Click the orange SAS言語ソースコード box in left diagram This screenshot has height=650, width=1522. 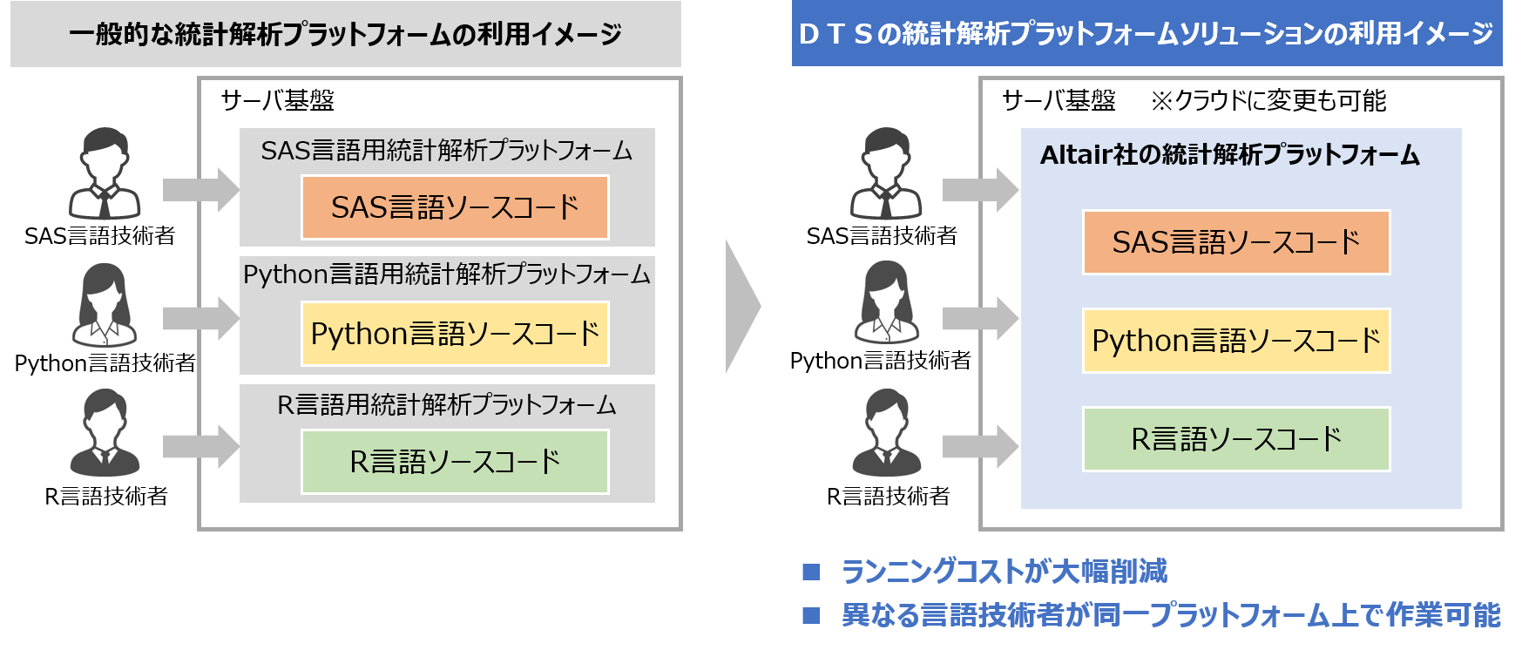pyautogui.click(x=455, y=207)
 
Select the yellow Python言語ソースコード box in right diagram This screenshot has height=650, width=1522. pyautogui.click(x=1235, y=341)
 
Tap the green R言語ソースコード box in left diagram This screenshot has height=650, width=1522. pyautogui.click(x=455, y=462)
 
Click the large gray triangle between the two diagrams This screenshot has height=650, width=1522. pyautogui.click(x=741, y=306)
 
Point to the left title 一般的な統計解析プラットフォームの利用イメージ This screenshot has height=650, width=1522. pyautogui.click(x=345, y=35)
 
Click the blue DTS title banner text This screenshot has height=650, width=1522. pyautogui.click(x=1146, y=34)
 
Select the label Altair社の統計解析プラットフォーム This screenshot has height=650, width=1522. pyautogui.click(x=1229, y=155)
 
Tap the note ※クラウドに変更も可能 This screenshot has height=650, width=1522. pyautogui.click(x=1268, y=101)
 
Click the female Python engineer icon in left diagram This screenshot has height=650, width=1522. pyautogui.click(x=105, y=306)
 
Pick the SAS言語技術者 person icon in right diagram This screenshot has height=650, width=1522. pyautogui.click(x=886, y=173)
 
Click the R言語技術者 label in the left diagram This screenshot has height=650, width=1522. pyautogui.click(x=106, y=497)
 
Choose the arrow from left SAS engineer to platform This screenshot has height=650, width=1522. pyautogui.click(x=200, y=190)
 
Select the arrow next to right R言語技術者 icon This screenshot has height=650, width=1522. pyautogui.click(x=980, y=447)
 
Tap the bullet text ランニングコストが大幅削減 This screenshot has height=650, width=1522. pyautogui.click(x=1004, y=572)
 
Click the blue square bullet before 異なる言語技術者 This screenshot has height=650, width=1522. pyautogui.click(x=811, y=615)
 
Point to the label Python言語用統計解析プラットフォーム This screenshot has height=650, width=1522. pyautogui.click(x=446, y=274)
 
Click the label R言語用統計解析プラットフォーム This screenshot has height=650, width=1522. pyautogui.click(x=446, y=405)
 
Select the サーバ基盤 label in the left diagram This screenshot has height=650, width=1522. pyautogui.click(x=277, y=101)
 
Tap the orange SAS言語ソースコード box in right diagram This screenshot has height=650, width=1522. pyautogui.click(x=1235, y=242)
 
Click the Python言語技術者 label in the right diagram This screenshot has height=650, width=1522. pyautogui.click(x=880, y=361)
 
